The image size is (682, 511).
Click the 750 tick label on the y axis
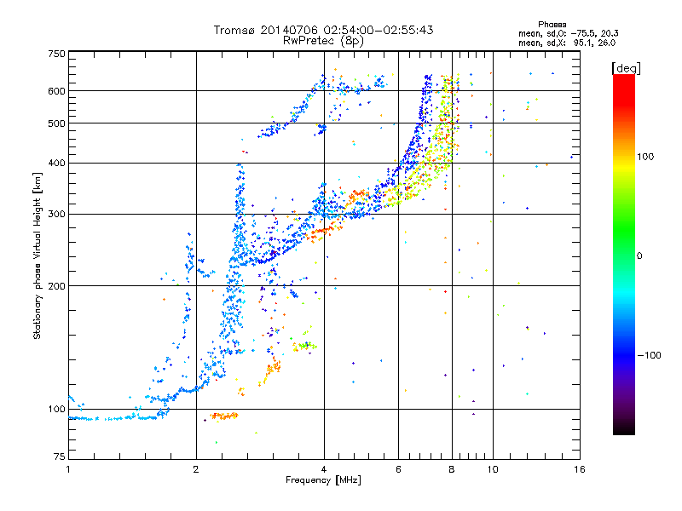point(56,53)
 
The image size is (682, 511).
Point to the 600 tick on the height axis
point(56,90)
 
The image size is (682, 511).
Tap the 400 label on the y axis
point(56,163)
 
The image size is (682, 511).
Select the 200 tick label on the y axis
point(56,285)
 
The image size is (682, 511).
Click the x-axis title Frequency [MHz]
point(323,480)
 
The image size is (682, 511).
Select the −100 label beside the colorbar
point(648,354)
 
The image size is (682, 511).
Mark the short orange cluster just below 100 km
point(224,416)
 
